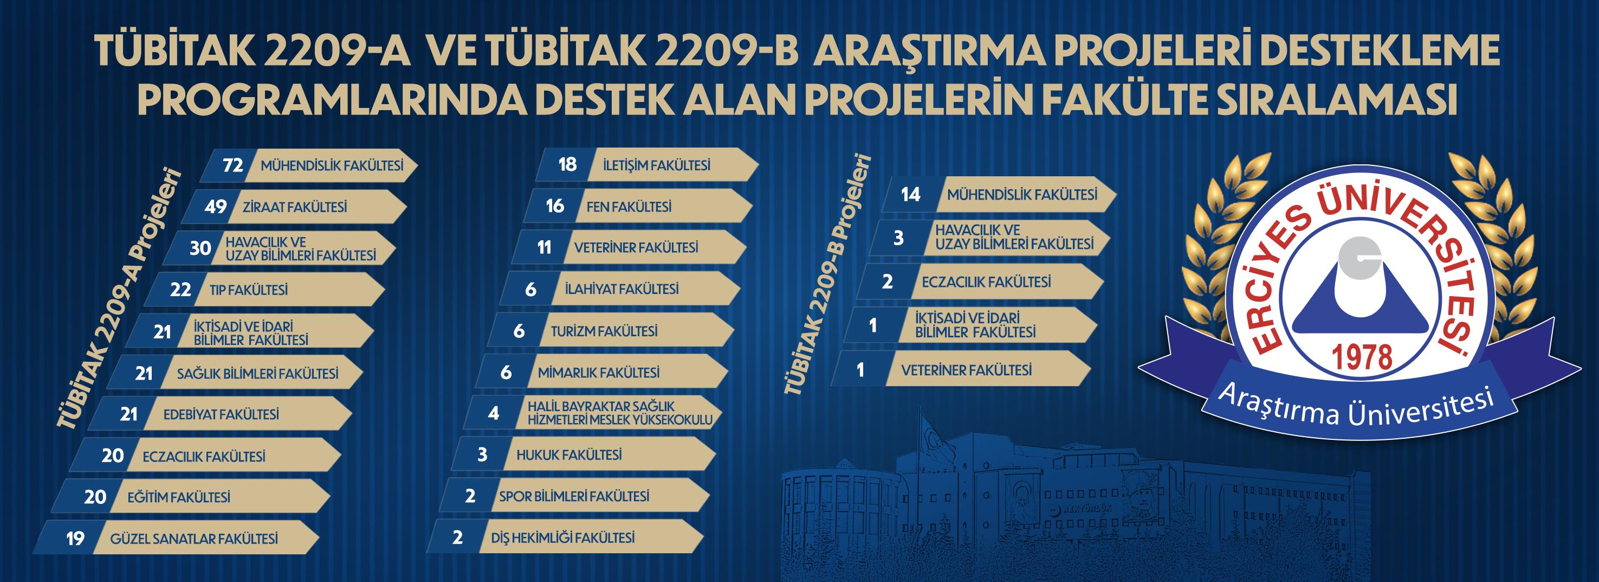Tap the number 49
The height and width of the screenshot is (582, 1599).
click(x=216, y=207)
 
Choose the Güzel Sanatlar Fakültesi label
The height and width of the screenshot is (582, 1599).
click(x=193, y=539)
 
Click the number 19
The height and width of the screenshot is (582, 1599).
click(x=75, y=539)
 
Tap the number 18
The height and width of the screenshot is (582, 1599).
click(x=567, y=164)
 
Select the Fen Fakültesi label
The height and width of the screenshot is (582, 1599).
click(x=629, y=207)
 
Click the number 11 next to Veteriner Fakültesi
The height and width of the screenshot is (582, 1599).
click(x=545, y=248)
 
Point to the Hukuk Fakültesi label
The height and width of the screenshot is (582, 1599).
click(x=568, y=455)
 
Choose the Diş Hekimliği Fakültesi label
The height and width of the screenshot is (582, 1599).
click(x=562, y=538)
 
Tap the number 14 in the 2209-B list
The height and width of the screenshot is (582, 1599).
click(x=911, y=194)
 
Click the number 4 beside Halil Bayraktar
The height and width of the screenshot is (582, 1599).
click(x=494, y=413)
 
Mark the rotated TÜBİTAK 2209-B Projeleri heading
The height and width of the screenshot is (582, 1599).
click(x=828, y=273)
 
